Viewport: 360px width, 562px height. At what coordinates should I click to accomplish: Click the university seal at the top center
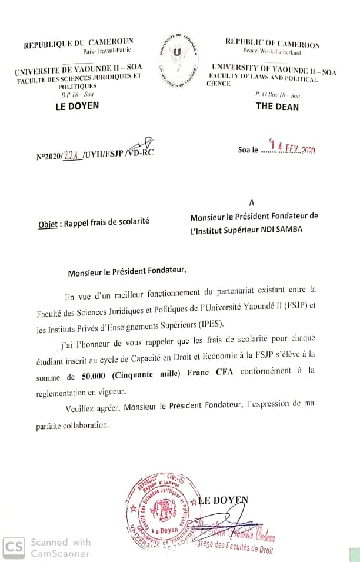point(178,61)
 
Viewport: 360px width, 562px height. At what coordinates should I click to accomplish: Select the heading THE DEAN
point(277,107)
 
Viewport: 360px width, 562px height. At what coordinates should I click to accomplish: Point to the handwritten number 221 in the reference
point(71,156)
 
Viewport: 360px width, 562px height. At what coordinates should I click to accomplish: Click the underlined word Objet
point(48,224)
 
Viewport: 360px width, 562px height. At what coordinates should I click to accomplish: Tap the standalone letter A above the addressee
point(252,202)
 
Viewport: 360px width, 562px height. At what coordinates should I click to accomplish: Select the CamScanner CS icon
point(14,547)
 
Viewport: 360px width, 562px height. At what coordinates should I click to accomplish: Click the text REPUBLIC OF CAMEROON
point(272,43)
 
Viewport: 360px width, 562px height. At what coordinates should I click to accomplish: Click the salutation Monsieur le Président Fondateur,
point(126,272)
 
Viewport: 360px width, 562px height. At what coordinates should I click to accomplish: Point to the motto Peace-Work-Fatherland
point(271,52)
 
